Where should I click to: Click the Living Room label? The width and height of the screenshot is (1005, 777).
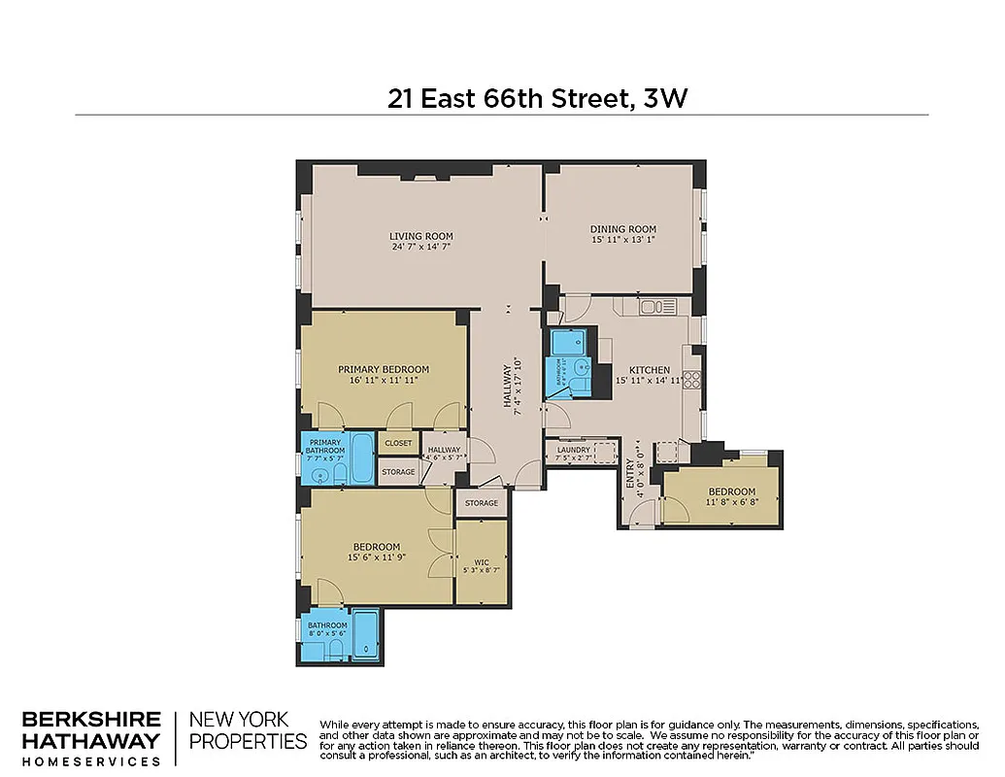pos(420,236)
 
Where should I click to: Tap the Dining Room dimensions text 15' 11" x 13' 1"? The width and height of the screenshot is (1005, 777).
pos(623,240)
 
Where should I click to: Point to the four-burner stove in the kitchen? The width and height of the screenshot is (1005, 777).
pos(692,380)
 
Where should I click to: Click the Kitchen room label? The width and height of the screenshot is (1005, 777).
pos(649,370)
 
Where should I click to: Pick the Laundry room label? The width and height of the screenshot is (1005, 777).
pos(573,450)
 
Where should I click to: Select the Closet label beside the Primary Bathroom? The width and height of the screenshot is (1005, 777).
pos(398,443)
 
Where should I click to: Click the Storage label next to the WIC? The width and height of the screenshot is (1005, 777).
pos(481,503)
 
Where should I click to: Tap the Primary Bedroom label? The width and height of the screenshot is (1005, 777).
pos(383,369)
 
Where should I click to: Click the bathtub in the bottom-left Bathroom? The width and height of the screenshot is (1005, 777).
pos(365,633)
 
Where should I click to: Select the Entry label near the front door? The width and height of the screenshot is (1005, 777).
pos(629,472)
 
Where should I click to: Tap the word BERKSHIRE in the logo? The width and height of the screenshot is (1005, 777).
pos(91,720)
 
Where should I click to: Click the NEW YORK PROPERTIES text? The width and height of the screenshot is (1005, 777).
pos(248,730)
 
